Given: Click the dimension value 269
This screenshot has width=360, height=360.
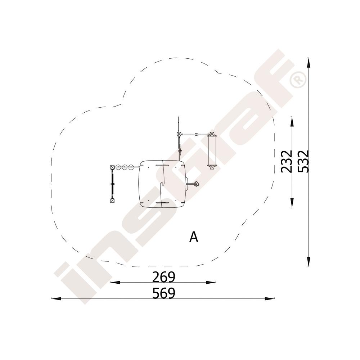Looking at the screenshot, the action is coord(164,277).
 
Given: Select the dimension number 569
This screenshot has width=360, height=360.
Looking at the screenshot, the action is coord(164,293).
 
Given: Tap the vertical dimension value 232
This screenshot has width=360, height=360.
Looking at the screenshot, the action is coord(287,161).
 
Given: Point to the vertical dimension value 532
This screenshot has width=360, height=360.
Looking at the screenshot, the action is coord(303,161).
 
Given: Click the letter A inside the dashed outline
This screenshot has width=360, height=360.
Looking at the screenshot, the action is coord(194,237).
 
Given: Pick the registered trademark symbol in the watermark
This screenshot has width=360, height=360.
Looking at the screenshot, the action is coord(298,80).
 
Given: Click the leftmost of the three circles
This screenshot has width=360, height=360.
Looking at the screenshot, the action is coord(119,167).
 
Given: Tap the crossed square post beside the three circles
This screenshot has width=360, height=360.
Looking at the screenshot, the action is coord(112,167).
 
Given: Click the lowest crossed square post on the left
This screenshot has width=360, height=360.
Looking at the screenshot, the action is coord(112,201).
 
